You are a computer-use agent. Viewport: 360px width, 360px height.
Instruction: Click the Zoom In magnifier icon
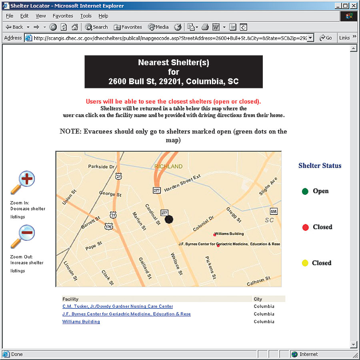(x=23, y=182)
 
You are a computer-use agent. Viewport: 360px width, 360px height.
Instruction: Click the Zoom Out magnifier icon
(x=23, y=236)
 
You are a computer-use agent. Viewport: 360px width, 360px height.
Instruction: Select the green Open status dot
(x=305, y=191)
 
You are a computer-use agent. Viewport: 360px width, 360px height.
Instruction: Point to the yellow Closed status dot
(x=305, y=263)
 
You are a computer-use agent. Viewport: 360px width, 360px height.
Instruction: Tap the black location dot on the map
(x=169, y=219)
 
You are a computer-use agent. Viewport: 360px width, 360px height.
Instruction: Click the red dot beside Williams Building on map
(x=215, y=235)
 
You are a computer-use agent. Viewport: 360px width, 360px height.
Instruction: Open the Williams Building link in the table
(x=81, y=322)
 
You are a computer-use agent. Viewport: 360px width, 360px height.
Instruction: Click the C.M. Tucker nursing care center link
(x=118, y=306)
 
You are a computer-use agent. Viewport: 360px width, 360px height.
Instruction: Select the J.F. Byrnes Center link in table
(x=126, y=314)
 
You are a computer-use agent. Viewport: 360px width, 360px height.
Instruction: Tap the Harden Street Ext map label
(x=182, y=183)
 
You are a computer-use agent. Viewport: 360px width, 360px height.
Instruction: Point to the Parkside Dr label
(x=101, y=166)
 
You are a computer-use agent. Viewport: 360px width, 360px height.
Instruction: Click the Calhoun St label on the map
(x=259, y=281)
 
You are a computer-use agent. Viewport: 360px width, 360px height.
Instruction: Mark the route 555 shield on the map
(x=274, y=211)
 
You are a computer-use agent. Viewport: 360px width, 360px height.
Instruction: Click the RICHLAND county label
(x=168, y=166)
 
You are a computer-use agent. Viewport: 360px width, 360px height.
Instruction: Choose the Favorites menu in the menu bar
(x=63, y=16)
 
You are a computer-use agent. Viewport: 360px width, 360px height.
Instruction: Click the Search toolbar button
(x=96, y=27)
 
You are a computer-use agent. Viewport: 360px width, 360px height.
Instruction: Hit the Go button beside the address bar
(x=326, y=38)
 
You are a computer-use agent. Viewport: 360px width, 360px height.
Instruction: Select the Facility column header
(x=70, y=299)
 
